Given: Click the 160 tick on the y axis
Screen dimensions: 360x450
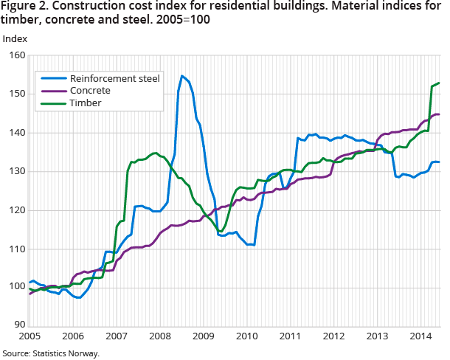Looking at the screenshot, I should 17,55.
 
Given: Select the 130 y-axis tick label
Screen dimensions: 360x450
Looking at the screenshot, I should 17,171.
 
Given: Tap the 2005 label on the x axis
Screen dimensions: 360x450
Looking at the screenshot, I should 30,336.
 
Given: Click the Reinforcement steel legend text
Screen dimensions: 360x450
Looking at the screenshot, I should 114,77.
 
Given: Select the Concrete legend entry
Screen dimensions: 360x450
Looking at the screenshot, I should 90,90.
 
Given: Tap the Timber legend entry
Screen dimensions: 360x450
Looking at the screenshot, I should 85,103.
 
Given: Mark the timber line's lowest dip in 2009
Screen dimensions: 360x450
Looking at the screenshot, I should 220,232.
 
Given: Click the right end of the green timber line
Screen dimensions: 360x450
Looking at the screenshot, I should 440,83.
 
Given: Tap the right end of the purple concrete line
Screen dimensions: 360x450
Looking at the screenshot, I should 440,114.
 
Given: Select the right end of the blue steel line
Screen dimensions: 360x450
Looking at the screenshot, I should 440,162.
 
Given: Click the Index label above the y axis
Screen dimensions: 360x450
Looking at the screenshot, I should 15,38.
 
